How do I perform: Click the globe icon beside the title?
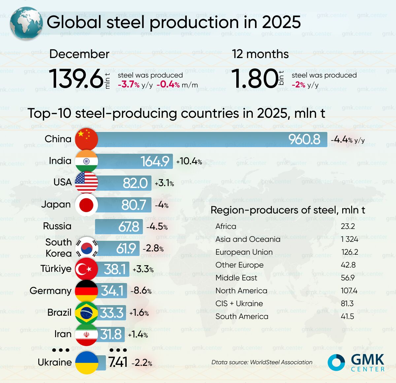coord(26,23)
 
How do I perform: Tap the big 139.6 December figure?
coord(77,79)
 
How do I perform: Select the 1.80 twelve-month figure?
coord(255,79)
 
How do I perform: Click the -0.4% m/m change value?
coord(168,84)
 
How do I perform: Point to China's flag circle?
coord(86,139)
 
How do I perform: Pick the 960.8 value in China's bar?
coord(304,140)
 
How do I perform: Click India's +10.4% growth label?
coord(189,161)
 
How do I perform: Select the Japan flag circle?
coord(86,205)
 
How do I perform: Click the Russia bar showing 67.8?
coord(119,227)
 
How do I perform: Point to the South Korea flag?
coord(87,248)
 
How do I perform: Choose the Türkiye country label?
coord(56,269)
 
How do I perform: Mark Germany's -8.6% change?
coord(141,291)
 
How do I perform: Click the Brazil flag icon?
coord(86,312)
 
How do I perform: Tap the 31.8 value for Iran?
coord(111,334)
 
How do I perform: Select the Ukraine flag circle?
coord(87,363)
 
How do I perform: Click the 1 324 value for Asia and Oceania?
coord(349,239)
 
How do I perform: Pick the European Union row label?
coord(244,252)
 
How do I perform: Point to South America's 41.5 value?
coord(347,316)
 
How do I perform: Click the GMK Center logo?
coord(356,362)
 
